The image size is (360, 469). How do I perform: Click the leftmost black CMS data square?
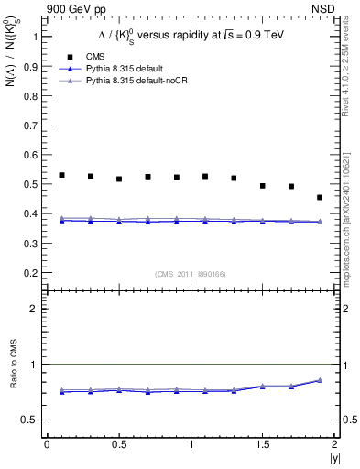[x=61, y=175]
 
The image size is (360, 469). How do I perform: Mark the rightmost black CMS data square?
[x=320, y=197]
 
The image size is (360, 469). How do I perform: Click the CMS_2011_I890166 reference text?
[x=191, y=273]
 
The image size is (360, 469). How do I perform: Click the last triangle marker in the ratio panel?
[x=320, y=379]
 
